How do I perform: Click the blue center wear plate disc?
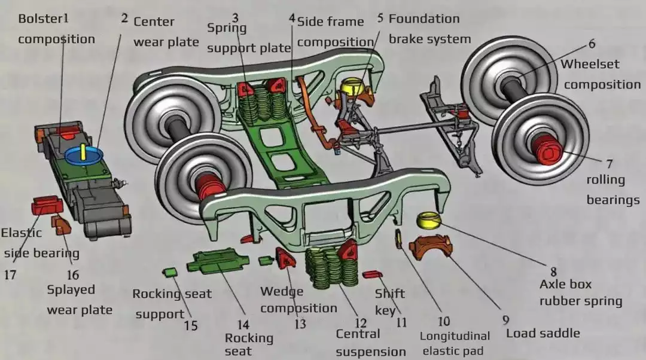click(x=84, y=154)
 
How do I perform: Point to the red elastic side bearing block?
click(x=47, y=205)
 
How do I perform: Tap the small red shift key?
click(x=371, y=274)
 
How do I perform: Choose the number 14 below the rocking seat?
click(x=242, y=325)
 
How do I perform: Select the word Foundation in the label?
click(x=424, y=19)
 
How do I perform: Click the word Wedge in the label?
click(x=282, y=292)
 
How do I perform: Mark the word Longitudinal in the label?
click(x=455, y=337)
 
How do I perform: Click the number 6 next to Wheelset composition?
click(x=592, y=44)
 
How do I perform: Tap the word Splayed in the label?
click(x=71, y=289)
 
